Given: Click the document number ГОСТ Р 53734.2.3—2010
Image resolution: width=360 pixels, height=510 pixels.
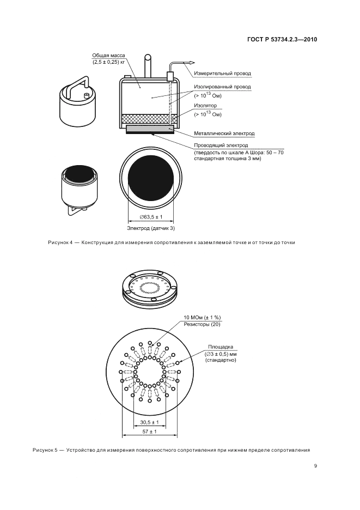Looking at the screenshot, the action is [282, 40].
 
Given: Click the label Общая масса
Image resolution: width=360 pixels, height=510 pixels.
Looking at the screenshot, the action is [108, 56].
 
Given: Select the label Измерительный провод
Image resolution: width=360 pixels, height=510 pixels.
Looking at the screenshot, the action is [222, 74].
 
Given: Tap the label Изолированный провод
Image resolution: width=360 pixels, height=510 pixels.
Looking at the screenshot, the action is [222, 87].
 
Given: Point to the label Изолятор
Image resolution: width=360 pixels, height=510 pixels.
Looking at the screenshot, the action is [205, 106].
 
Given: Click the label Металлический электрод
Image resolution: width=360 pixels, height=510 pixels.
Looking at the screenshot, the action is [224, 133].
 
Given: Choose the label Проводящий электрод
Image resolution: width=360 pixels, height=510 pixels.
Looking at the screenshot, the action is [221, 145].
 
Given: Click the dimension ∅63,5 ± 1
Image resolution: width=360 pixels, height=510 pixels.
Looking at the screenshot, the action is [151, 217].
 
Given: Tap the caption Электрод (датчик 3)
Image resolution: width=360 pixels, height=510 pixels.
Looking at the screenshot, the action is [150, 228].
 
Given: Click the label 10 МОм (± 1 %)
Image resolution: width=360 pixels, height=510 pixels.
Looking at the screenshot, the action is [202, 318].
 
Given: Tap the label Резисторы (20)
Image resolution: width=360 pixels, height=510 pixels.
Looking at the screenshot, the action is [202, 324].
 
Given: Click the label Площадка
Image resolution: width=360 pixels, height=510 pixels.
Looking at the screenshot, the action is [221, 347].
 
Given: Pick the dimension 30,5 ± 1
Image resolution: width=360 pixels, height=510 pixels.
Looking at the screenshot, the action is [149, 422].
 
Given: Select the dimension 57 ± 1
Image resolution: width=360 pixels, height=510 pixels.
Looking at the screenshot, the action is [149, 432].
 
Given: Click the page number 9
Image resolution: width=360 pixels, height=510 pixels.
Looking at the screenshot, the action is [315, 466].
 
